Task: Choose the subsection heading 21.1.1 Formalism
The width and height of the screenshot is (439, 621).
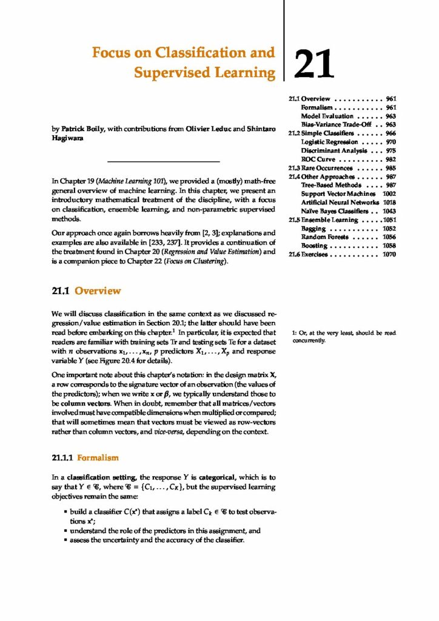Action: [x=85, y=456]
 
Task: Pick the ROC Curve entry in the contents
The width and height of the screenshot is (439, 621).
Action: [x=321, y=159]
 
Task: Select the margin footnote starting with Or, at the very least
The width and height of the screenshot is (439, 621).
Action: [x=343, y=336]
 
